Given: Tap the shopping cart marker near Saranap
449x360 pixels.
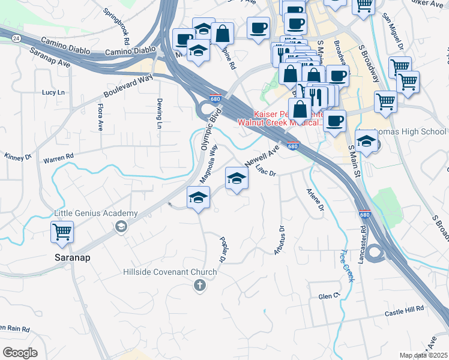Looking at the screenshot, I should coord(62,232).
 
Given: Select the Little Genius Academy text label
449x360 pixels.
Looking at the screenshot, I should coord(96,214).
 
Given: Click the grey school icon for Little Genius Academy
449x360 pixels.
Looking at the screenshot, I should coord(121,226).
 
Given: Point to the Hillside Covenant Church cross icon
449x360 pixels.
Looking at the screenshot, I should coord(200,286).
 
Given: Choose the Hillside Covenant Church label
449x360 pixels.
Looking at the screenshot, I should coord(170,272).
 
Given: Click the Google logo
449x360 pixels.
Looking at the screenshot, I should coord(20,353).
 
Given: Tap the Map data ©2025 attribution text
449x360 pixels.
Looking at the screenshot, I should coord(423,355).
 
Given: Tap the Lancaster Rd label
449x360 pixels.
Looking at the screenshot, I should coord(363,245).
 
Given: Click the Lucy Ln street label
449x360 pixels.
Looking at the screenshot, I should coord(53,92).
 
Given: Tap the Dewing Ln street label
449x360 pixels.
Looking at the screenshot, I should coord(160,113).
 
